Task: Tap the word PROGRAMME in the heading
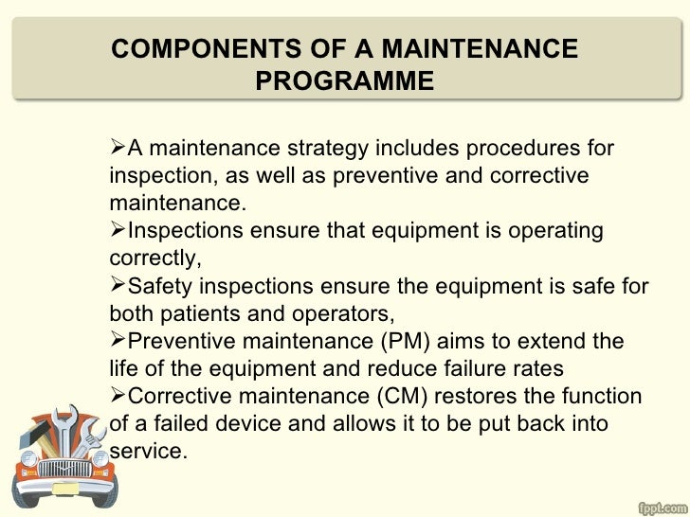click(344, 81)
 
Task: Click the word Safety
click(160, 286)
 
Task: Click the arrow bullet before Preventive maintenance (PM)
click(118, 341)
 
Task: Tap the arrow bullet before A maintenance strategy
click(118, 150)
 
